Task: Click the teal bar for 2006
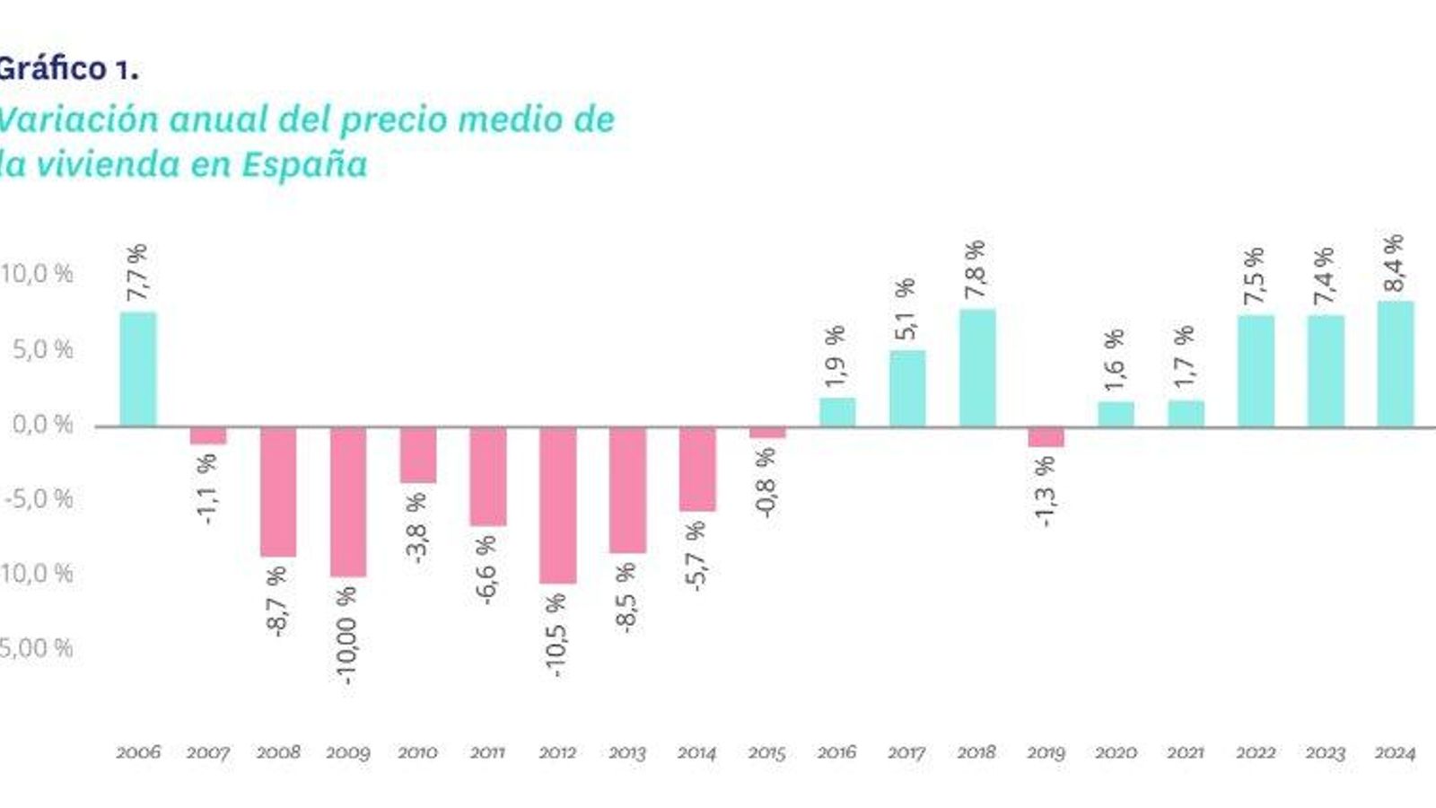(x=137, y=369)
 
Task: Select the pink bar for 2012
(x=557, y=505)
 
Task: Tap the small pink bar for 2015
(x=766, y=433)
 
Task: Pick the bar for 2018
(x=976, y=368)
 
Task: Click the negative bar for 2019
(x=1046, y=436)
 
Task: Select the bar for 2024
(x=1395, y=364)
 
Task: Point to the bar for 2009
(x=347, y=501)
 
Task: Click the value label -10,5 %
(x=556, y=634)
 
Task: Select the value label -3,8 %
(x=417, y=528)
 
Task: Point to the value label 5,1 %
(x=906, y=310)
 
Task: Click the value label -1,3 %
(x=1045, y=492)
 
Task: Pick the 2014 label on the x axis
(x=696, y=753)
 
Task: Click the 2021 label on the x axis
(x=1185, y=753)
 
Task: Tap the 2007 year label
(x=207, y=753)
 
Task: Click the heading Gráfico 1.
(x=67, y=69)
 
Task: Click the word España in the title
(x=304, y=165)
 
